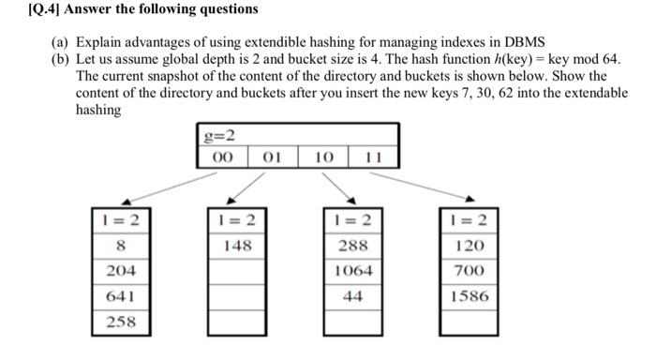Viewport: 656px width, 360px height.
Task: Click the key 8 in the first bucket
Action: click(121, 246)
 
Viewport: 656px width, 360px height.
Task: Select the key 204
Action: click(121, 270)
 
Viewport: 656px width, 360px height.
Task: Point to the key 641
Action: click(121, 295)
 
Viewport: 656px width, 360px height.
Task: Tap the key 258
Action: click(121, 321)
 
